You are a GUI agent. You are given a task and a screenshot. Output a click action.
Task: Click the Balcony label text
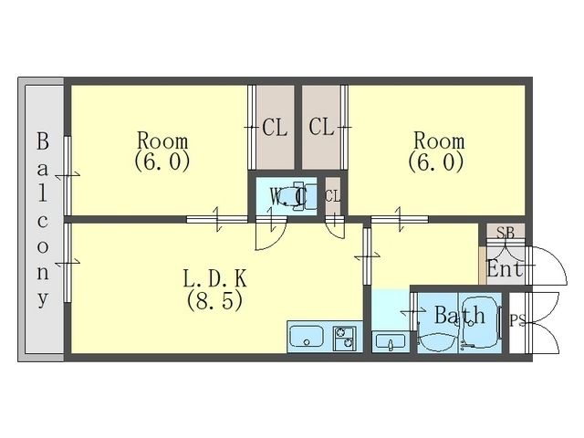point(43,221)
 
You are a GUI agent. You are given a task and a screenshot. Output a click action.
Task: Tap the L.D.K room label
point(215,278)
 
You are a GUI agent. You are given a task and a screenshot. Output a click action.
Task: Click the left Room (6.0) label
point(162,151)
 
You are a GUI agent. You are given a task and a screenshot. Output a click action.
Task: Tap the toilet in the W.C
point(301,196)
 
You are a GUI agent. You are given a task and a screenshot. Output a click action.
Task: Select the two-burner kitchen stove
point(345,338)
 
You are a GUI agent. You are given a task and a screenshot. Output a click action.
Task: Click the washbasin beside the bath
point(391,342)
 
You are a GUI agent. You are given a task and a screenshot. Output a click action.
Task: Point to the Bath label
point(460,315)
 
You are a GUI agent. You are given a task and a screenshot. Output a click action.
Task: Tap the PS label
point(517,320)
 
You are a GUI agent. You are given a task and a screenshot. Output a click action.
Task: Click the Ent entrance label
point(505,268)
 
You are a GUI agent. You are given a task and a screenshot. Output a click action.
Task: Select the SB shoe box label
point(506,233)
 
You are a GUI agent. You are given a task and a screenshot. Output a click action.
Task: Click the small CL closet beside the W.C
point(332,196)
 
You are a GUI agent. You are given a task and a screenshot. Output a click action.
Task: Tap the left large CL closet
point(276,128)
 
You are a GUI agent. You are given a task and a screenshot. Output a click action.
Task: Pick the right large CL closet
point(321,128)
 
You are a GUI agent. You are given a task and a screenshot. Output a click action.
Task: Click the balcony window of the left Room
point(68,175)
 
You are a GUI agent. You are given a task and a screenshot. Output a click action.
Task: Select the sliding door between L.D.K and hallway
point(367,256)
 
